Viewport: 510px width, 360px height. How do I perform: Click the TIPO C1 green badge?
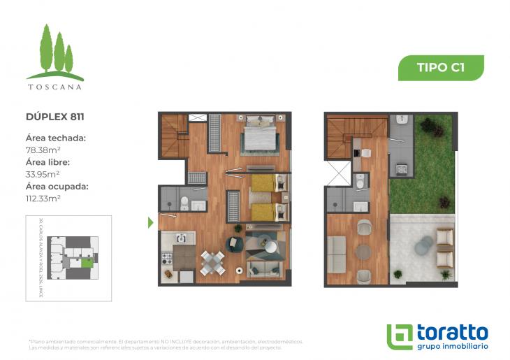pyautogui.click(x=440, y=68)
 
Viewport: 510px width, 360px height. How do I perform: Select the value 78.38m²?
pyautogui.click(x=43, y=150)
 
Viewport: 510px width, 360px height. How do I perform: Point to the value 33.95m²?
pyautogui.click(x=43, y=174)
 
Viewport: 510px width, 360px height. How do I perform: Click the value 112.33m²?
pyautogui.click(x=44, y=199)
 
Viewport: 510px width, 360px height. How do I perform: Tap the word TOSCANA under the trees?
pyautogui.click(x=54, y=87)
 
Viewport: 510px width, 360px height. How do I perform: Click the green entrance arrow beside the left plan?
pyautogui.click(x=150, y=223)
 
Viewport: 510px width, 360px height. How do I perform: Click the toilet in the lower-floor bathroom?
pyautogui.click(x=184, y=203)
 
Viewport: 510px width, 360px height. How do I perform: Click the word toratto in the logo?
pyautogui.click(x=452, y=331)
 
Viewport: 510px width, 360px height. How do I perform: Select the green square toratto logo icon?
pyautogui.click(x=400, y=336)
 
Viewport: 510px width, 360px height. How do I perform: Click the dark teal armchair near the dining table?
pyautogui.click(x=233, y=244)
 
